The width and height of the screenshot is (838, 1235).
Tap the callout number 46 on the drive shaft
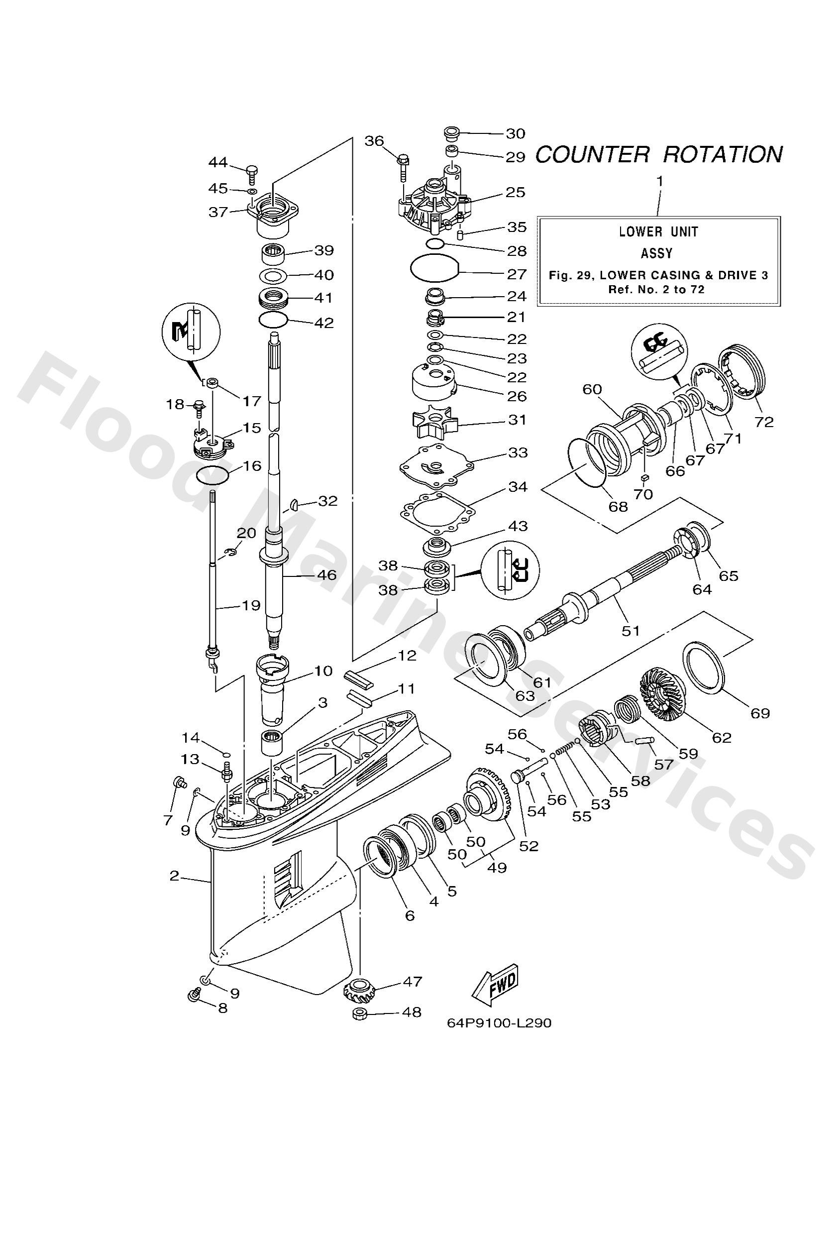[326, 574]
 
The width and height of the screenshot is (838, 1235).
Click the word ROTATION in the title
[722, 155]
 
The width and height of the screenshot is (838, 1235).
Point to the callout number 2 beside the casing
[174, 875]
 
